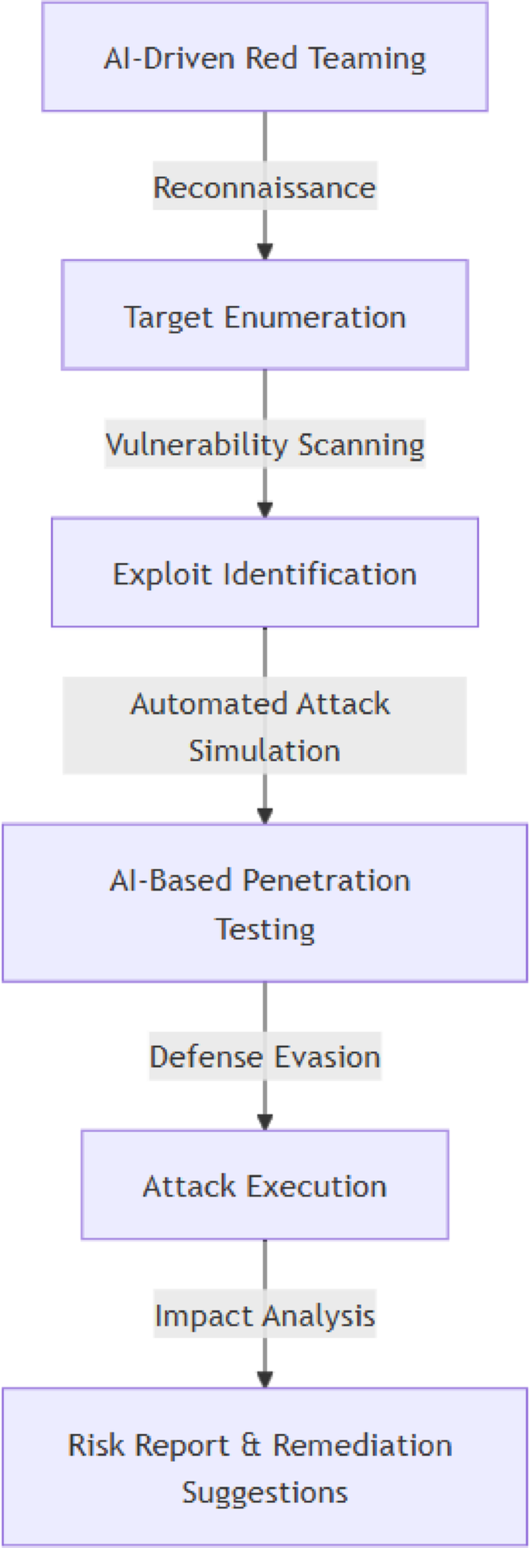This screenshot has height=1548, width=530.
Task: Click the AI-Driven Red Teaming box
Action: click(265, 57)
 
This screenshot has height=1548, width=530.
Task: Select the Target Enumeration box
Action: click(265, 315)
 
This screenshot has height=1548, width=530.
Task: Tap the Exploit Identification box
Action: click(265, 572)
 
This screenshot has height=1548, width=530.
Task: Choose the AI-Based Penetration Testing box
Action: click(265, 903)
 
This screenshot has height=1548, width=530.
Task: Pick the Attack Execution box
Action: click(265, 1185)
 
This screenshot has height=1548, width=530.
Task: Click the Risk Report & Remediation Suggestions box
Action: click(265, 1467)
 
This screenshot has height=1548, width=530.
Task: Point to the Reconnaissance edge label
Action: click(265, 187)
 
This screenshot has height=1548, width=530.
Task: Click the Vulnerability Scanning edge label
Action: click(265, 444)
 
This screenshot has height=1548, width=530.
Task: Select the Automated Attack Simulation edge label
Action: click(265, 726)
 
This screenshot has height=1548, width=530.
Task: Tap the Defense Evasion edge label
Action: click(265, 1056)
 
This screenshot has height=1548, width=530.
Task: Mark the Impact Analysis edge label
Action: click(265, 1314)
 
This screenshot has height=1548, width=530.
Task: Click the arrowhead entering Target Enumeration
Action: click(265, 252)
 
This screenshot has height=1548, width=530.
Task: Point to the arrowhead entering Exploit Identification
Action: click(265, 510)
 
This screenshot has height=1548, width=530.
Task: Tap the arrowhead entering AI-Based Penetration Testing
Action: click(265, 815)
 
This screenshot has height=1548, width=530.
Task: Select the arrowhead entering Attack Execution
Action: click(265, 1122)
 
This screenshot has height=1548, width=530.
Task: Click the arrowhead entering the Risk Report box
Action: click(265, 1379)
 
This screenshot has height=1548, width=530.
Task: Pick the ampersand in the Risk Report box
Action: click(251, 1445)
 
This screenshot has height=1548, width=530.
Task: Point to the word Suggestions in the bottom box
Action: click(265, 1491)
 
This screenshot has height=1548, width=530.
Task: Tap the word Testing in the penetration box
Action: click(265, 928)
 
